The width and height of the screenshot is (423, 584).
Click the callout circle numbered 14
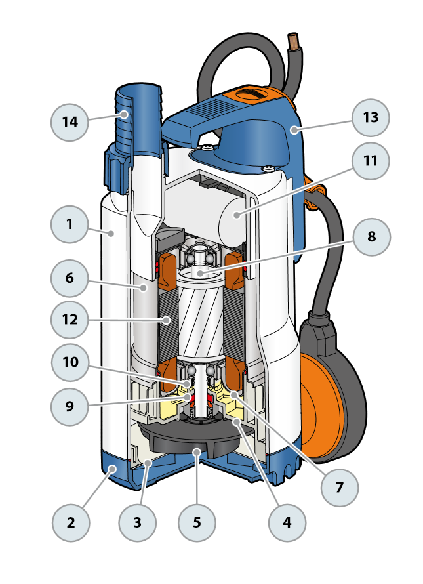[70, 122]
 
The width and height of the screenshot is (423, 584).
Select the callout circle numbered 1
[70, 224]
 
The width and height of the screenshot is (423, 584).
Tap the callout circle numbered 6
[70, 278]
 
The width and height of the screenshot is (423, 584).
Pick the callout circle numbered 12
[70, 320]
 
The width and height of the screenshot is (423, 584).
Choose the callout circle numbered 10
[70, 364]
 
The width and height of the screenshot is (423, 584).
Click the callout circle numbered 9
[70, 406]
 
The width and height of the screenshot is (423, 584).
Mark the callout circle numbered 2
[70, 523]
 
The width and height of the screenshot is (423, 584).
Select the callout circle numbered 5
[197, 523]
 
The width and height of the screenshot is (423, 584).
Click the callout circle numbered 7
[340, 488]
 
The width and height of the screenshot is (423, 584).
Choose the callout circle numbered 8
[371, 236]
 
